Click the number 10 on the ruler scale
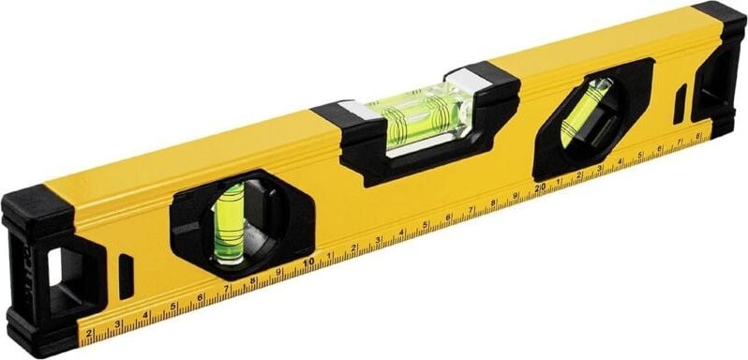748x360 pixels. tap(307, 263)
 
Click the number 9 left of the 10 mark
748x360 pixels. tap(279, 272)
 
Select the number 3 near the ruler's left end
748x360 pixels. tap(117, 324)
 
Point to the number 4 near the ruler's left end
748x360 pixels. tap(145, 316)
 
